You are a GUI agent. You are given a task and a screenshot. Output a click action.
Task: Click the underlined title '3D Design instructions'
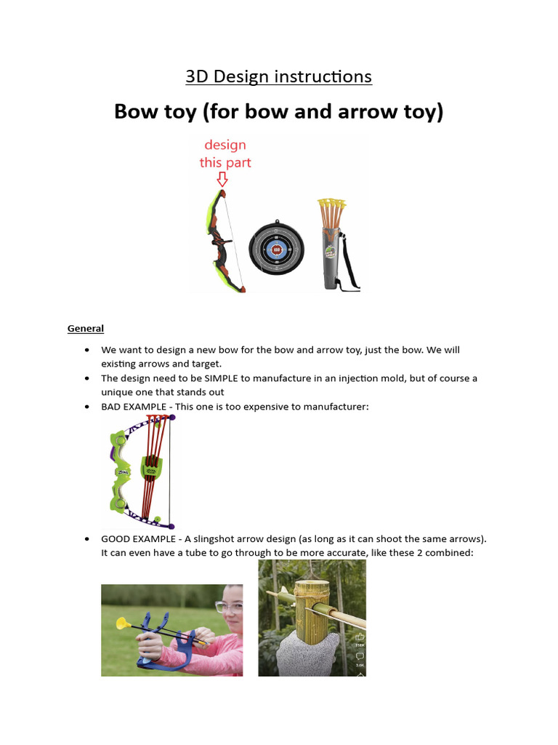278,76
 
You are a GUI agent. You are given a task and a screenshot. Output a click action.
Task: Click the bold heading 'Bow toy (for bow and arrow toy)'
278,113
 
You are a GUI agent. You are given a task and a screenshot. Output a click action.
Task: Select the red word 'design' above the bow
225,145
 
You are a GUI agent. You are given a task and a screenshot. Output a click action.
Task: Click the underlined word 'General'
86,328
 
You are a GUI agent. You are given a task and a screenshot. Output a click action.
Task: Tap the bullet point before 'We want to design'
87,350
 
